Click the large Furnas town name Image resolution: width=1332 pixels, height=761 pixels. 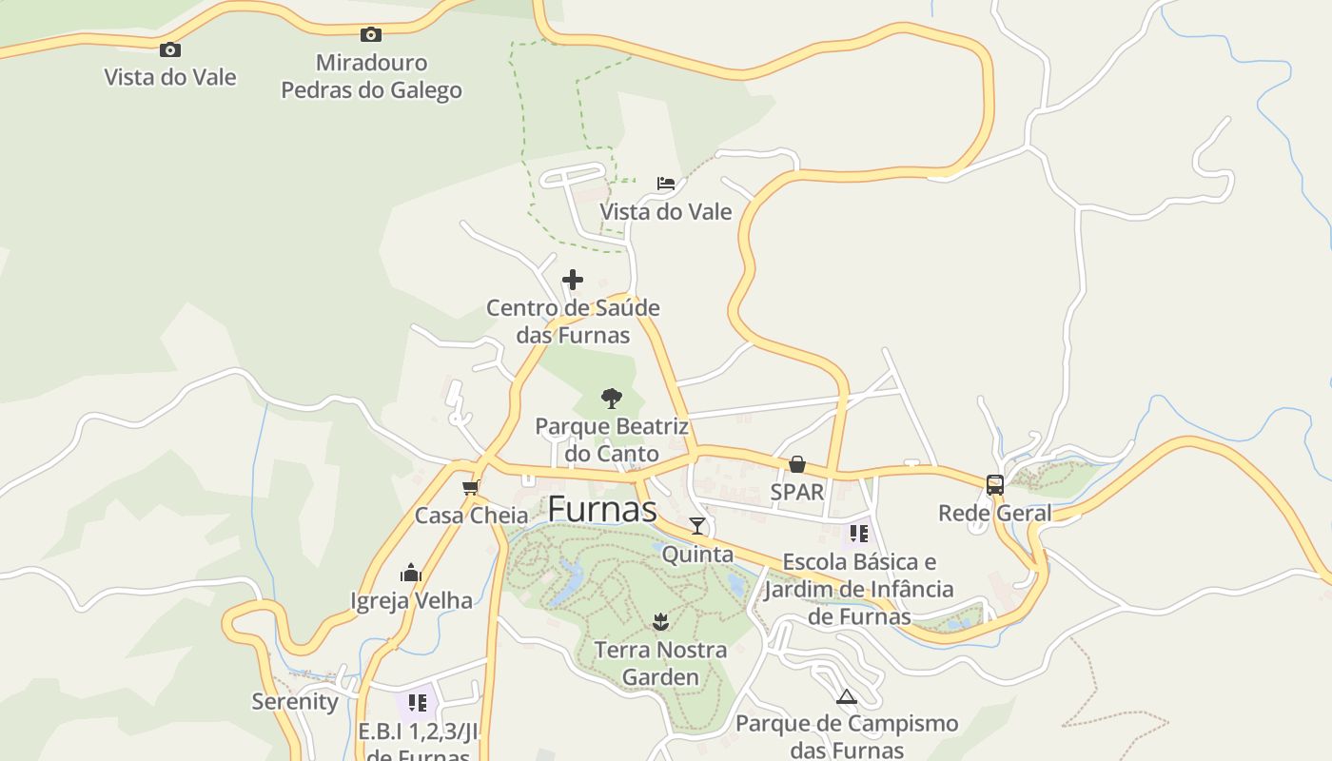point(602,510)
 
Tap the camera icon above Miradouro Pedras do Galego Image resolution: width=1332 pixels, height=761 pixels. point(371,35)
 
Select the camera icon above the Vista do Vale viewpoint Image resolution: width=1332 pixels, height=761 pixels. point(170,49)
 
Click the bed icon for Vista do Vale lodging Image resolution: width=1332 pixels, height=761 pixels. point(666,183)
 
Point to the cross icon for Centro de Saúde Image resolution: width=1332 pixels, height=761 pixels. point(573,280)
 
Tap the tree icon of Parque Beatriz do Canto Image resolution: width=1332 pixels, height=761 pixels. point(612,398)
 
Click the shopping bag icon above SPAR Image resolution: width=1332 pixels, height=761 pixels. point(797,464)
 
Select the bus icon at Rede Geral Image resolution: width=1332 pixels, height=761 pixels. point(995,484)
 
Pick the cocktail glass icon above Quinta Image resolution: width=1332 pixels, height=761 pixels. point(697,526)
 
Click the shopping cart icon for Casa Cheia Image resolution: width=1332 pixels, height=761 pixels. point(470,488)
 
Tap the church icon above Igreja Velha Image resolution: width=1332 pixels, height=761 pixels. point(411,573)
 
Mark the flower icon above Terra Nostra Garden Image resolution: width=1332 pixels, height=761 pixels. point(660,623)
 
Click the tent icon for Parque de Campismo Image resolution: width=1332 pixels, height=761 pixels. point(847,696)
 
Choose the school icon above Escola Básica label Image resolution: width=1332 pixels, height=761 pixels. point(859,534)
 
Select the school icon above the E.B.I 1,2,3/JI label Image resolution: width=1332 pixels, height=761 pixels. point(417,703)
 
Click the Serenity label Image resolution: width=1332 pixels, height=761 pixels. point(295,702)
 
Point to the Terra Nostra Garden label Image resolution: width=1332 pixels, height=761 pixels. point(660,664)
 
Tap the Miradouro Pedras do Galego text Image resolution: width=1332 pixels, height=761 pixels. point(372,76)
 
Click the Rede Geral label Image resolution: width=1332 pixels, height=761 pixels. point(995,514)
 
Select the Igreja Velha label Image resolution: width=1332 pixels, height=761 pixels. point(411,600)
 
